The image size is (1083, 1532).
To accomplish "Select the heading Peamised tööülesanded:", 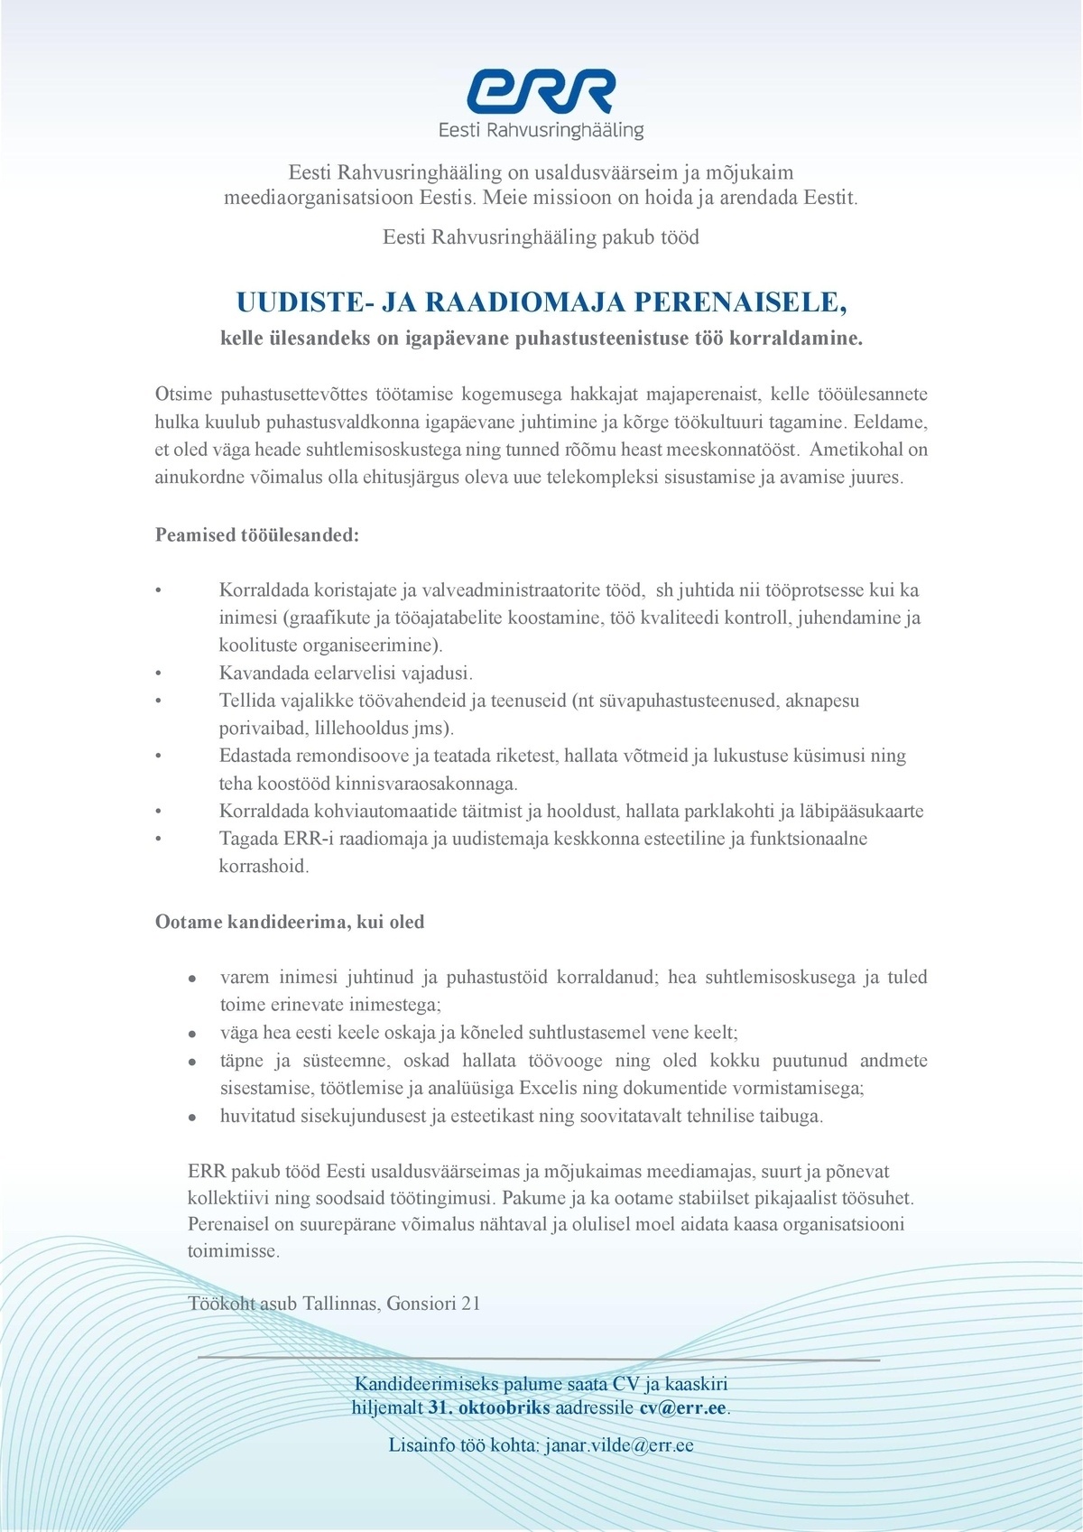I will tap(257, 534).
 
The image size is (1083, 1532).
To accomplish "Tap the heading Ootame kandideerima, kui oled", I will tap(290, 922).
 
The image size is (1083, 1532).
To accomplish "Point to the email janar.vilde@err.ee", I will tap(619, 1445).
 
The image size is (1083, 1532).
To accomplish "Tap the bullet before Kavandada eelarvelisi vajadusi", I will tap(158, 673).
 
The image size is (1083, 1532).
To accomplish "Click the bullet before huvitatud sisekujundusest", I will tap(192, 1117).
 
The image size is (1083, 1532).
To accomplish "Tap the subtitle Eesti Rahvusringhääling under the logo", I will tap(541, 131).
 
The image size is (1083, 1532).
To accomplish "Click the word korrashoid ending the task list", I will tap(264, 866).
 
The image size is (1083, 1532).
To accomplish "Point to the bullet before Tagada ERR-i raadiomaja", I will tap(158, 839).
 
